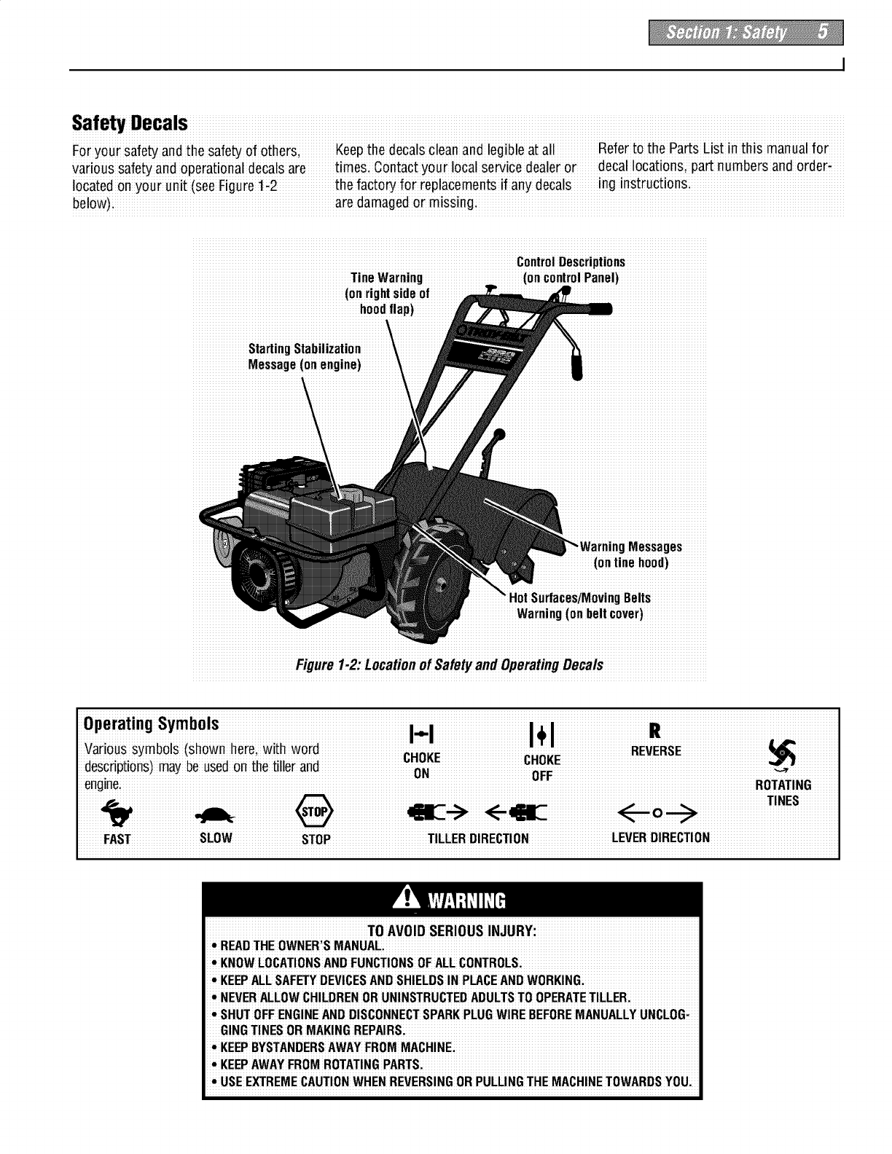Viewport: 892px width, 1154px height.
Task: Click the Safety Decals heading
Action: [x=130, y=122]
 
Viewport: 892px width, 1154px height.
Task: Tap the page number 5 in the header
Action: [x=822, y=33]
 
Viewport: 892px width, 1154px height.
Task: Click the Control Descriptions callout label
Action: [x=571, y=270]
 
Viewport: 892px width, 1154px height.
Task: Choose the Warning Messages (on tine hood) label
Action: [x=631, y=554]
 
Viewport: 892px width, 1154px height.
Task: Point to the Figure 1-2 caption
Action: [x=449, y=665]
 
